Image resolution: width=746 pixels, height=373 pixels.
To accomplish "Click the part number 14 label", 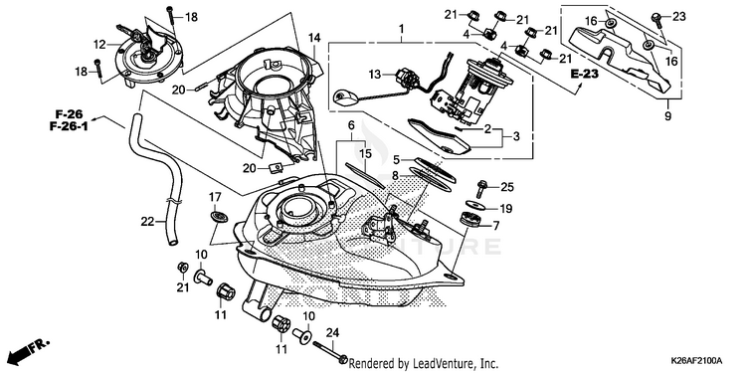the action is (x=314, y=37).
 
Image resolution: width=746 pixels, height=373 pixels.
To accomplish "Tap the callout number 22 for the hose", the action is (x=147, y=221).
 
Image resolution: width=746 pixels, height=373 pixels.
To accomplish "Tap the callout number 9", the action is (x=667, y=116).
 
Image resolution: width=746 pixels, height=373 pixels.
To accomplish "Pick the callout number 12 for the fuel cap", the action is (x=99, y=45).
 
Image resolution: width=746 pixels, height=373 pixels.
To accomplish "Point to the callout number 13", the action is (x=375, y=75).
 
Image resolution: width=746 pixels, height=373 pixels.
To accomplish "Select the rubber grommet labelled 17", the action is (x=219, y=216).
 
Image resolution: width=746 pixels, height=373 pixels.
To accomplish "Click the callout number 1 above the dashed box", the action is (x=401, y=30).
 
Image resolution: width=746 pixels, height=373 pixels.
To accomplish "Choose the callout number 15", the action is (x=365, y=153).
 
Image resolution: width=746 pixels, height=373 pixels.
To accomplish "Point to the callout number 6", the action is (x=351, y=125).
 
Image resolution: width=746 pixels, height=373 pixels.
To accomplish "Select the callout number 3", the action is (x=515, y=137).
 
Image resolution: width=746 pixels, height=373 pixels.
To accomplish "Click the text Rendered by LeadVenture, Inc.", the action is (x=424, y=364).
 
